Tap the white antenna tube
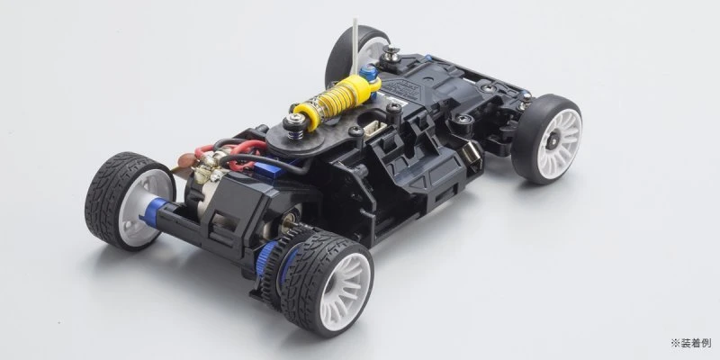click(355, 46)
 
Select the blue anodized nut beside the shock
click(369, 73)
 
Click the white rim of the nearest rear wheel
click(346, 291)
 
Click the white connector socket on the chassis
click(374, 129)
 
